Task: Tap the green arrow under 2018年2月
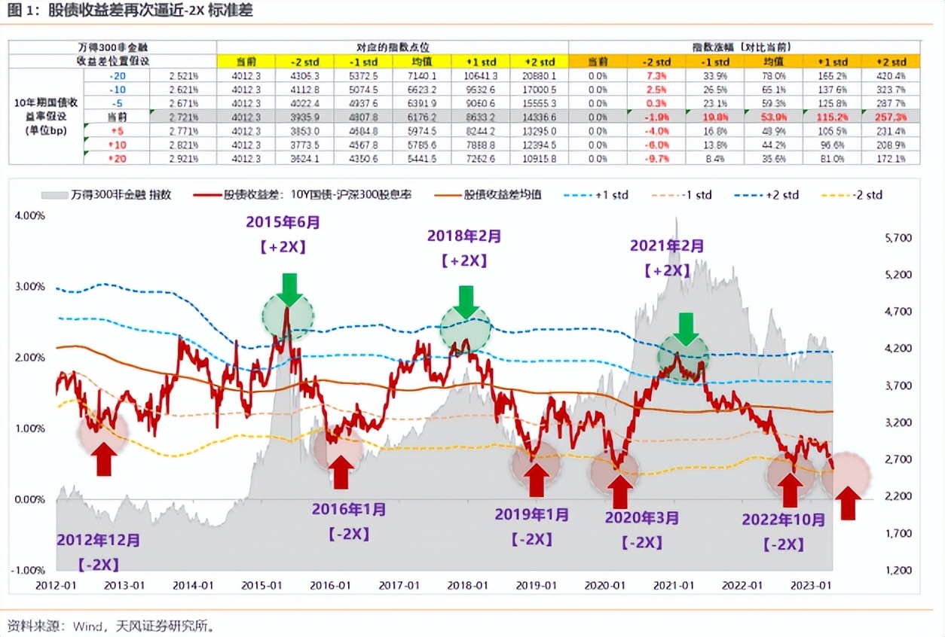click(x=466, y=300)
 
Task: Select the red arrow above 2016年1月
click(x=341, y=472)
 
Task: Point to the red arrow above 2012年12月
click(x=104, y=459)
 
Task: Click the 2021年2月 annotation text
click(x=667, y=245)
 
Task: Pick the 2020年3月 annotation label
click(x=641, y=518)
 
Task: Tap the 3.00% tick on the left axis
click(x=30, y=287)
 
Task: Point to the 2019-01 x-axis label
click(x=536, y=585)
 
